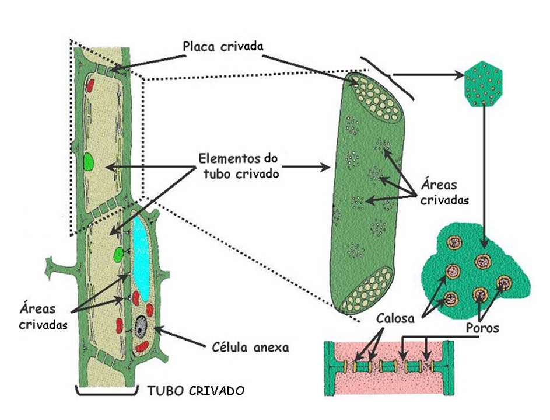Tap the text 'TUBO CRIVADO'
click(x=194, y=390)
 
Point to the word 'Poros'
click(x=482, y=328)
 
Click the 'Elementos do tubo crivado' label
click(x=237, y=166)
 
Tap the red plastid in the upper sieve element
click(x=90, y=86)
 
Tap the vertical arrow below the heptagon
click(x=485, y=175)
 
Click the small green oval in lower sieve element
click(x=119, y=254)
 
